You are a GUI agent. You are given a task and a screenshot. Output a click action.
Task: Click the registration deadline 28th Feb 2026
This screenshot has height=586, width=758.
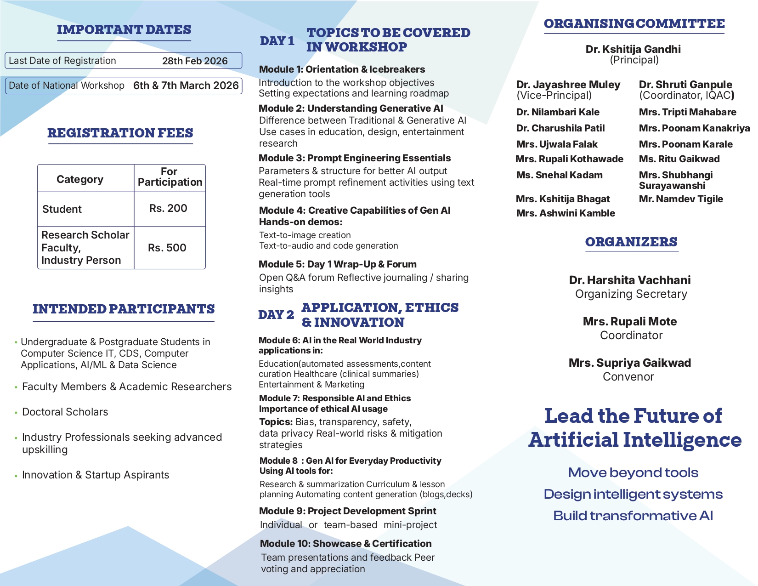point(195,61)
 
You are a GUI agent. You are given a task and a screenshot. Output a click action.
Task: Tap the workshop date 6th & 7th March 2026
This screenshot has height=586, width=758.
point(186,85)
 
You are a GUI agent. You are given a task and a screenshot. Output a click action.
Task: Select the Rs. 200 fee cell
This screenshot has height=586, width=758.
point(168,208)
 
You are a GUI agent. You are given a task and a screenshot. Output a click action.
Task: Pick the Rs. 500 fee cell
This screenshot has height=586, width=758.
point(167,248)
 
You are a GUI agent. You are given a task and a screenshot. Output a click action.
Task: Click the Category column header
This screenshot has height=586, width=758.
point(80,179)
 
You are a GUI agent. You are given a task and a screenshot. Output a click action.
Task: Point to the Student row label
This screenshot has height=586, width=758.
point(62,209)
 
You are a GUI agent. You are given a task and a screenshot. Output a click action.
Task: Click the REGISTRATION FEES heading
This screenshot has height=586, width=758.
point(120,133)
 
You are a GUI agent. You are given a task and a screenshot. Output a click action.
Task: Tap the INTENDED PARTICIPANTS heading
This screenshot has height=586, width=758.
point(124,309)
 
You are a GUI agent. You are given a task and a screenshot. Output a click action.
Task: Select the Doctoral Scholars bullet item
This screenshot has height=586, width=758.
point(65,412)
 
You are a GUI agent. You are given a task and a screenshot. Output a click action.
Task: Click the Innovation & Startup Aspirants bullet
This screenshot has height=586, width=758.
point(96,475)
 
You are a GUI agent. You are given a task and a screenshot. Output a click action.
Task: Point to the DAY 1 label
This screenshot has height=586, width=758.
point(277,41)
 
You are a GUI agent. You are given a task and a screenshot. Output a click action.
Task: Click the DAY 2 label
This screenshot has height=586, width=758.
point(276,315)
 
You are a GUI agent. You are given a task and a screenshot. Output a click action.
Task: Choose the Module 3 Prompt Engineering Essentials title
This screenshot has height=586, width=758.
point(355,158)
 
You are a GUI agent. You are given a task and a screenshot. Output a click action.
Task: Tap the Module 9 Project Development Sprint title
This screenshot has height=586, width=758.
point(348,511)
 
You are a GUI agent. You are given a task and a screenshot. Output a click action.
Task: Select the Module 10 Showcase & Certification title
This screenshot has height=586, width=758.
point(346,544)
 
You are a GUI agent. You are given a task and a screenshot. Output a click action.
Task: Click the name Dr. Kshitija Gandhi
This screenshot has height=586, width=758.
point(633,49)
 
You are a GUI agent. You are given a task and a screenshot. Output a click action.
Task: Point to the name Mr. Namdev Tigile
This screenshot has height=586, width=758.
point(681,199)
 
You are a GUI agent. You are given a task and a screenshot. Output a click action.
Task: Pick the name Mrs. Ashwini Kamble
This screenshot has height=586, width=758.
point(566,213)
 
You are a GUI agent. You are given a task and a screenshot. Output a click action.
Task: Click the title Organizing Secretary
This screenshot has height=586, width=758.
point(631,294)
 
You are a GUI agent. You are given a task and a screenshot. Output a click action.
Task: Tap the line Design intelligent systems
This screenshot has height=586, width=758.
point(633,494)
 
